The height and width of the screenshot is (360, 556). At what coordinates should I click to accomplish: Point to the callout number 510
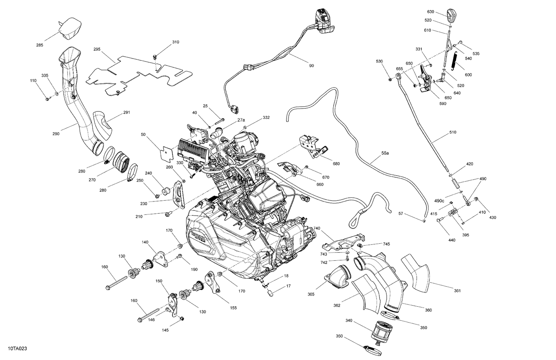[x=453, y=132]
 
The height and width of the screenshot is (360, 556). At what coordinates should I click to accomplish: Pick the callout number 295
[x=97, y=49]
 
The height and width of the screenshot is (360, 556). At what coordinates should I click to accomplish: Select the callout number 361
[x=457, y=291]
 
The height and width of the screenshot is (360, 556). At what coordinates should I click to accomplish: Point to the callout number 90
[x=311, y=66]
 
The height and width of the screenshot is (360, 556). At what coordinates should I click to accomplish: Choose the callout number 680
[x=336, y=164]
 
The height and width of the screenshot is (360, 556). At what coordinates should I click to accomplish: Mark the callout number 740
[x=317, y=229]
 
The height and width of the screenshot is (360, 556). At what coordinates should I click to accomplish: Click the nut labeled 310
[x=155, y=56]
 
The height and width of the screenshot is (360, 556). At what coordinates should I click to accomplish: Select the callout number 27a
[x=241, y=120]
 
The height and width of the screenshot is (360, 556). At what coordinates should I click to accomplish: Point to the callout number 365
[x=311, y=294]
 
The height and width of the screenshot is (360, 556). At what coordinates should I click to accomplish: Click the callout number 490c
[x=439, y=201]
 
